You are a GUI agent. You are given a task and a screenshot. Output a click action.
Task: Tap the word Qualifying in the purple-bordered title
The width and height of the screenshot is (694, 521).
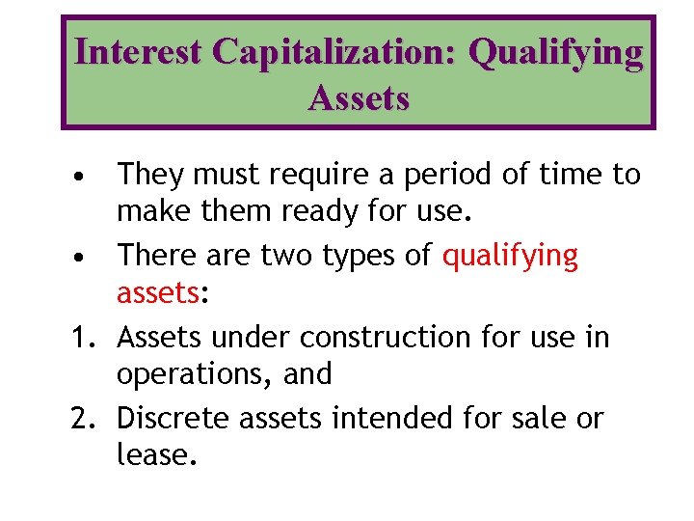click(x=555, y=54)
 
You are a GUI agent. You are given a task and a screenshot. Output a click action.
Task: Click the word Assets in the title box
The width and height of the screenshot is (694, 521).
click(x=359, y=97)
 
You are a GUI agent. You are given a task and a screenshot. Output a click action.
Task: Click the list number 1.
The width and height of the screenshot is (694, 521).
click(x=85, y=338)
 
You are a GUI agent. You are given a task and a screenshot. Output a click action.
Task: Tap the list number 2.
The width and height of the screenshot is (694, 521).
click(x=85, y=419)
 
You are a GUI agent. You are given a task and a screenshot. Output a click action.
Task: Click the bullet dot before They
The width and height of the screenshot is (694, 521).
click(x=86, y=178)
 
